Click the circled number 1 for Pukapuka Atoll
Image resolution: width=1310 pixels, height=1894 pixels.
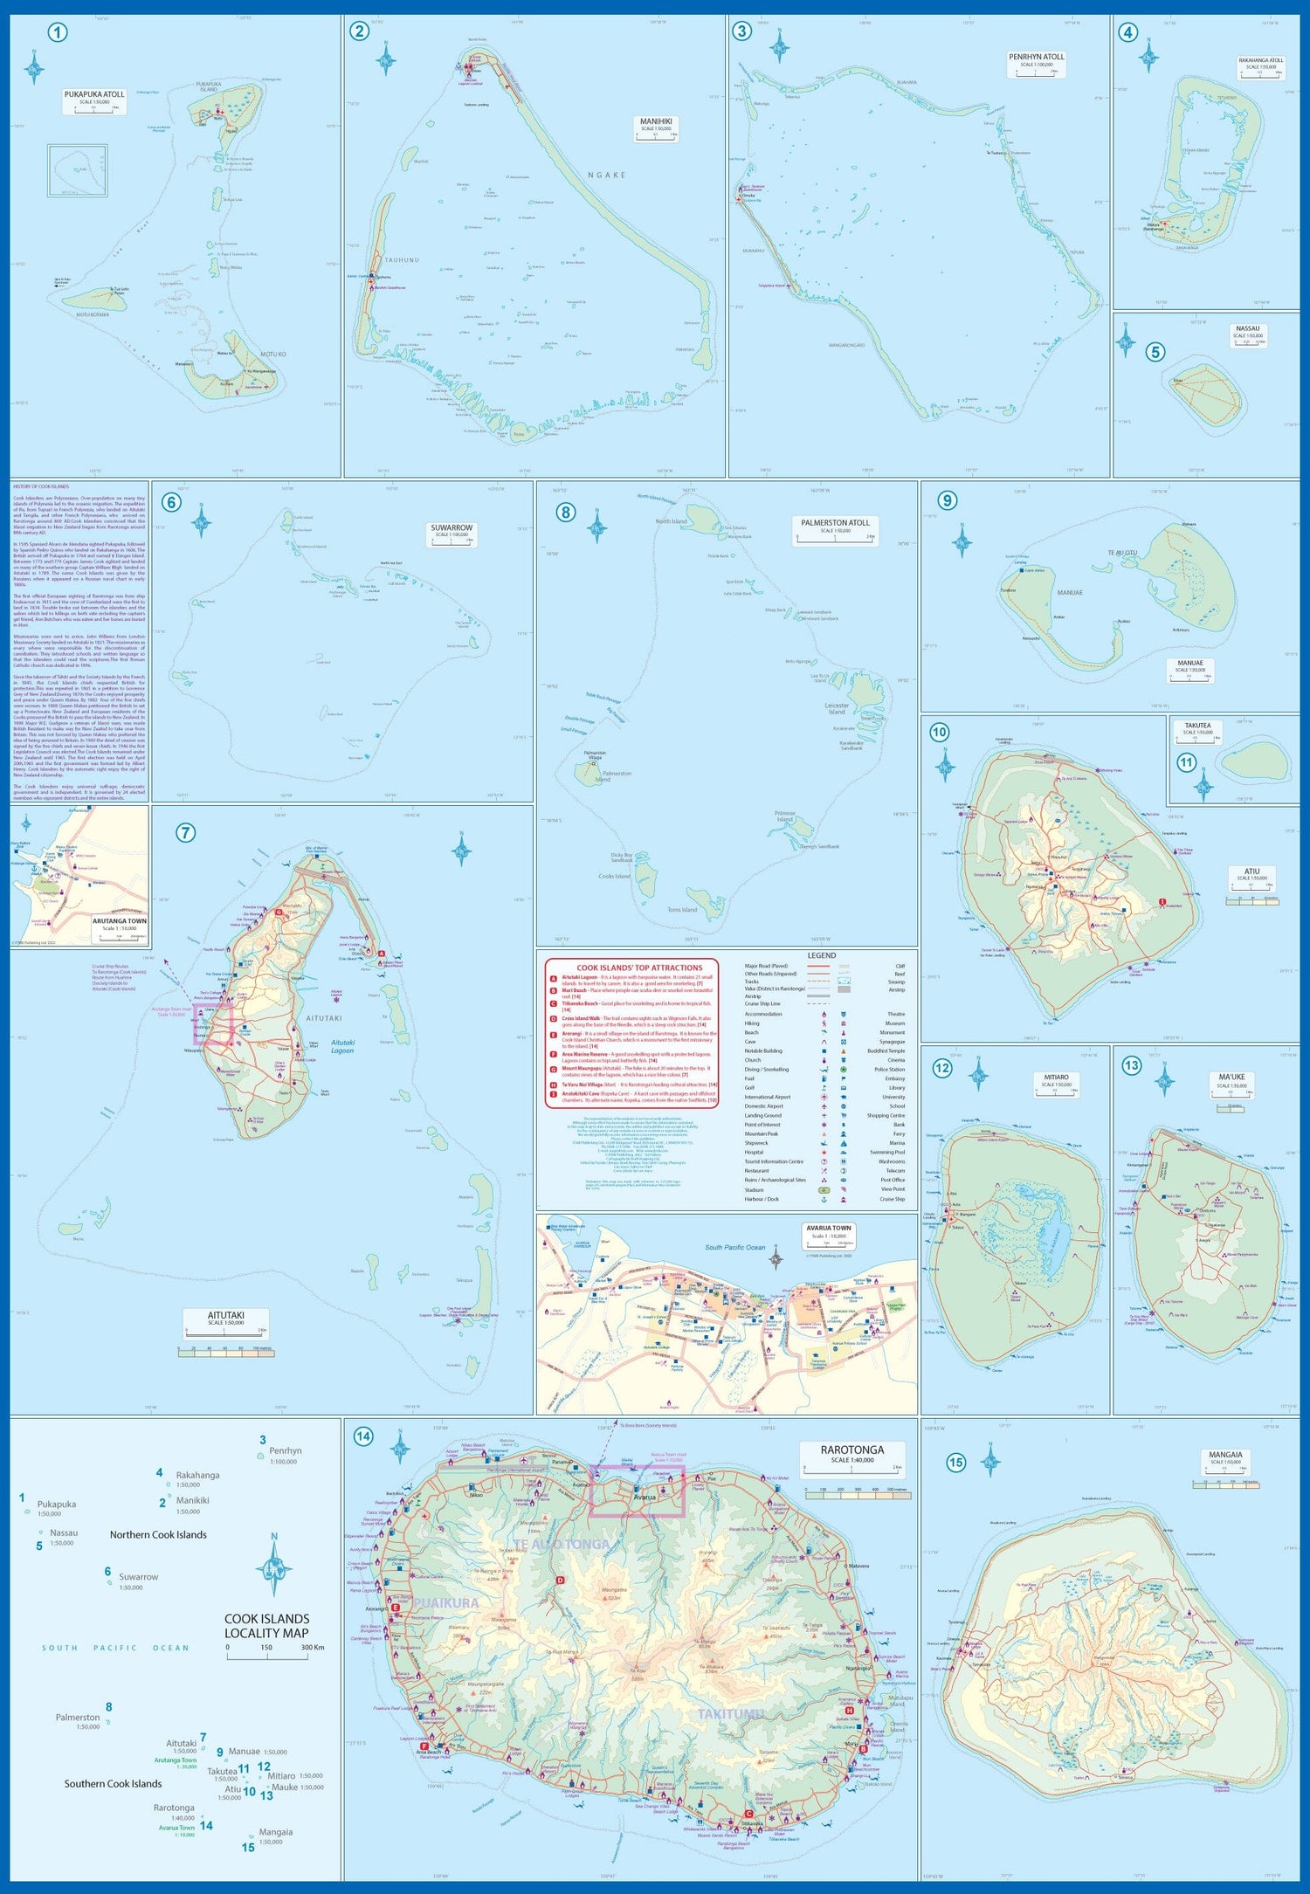[x=58, y=34]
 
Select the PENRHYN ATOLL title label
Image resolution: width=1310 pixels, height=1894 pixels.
[x=1036, y=58]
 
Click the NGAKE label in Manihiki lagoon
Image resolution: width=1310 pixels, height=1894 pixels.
[x=606, y=176]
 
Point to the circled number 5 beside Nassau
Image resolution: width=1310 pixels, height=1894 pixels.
[x=1155, y=352]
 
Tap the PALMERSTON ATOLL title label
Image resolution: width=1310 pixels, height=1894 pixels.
[x=835, y=523]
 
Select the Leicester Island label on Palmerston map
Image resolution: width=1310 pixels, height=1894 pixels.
[x=836, y=708]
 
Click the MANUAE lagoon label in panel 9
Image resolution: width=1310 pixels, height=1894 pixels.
[x=1070, y=593]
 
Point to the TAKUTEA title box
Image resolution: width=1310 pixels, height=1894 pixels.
[x=1197, y=727]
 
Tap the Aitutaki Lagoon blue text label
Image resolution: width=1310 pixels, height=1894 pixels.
[x=342, y=1046]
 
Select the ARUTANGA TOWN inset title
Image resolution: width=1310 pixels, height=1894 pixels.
[x=120, y=921]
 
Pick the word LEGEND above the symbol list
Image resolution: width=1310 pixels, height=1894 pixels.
[x=821, y=955]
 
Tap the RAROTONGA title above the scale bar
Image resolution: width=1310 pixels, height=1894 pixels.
[x=851, y=1450]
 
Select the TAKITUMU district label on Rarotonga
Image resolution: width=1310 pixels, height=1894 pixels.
[x=730, y=1714]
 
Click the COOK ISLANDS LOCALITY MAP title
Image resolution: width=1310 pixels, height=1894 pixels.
[x=266, y=1626]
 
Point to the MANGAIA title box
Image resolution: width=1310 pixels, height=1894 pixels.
[x=1225, y=1456]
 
